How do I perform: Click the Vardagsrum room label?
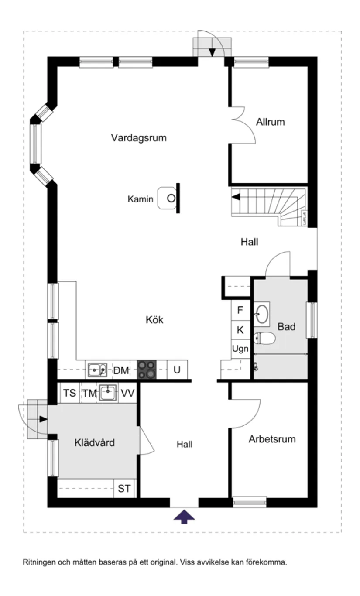(x=138, y=138)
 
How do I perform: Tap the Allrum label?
(x=270, y=122)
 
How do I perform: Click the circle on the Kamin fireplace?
(x=171, y=199)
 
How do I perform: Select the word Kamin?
(x=140, y=199)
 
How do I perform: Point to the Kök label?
(x=154, y=320)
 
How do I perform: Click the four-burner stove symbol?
(x=147, y=370)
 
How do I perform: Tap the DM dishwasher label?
(x=121, y=371)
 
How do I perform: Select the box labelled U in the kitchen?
(x=177, y=370)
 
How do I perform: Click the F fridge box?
(x=240, y=311)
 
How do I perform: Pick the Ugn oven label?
(x=240, y=349)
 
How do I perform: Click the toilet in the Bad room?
(x=264, y=337)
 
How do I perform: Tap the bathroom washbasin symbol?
(x=262, y=313)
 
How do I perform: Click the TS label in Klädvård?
(x=69, y=394)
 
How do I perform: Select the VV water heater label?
(x=127, y=394)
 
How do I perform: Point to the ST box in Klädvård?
(x=124, y=489)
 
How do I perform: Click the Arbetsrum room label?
(x=272, y=439)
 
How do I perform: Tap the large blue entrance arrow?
(x=184, y=517)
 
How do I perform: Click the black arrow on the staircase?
(x=236, y=197)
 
